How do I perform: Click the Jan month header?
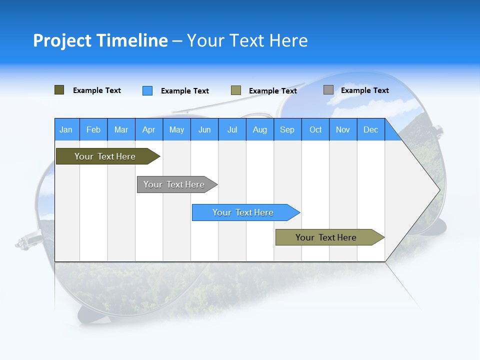(x=66, y=129)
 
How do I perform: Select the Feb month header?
(x=93, y=129)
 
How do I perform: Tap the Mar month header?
(x=121, y=129)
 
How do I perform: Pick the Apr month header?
(x=149, y=129)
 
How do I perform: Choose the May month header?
(x=176, y=129)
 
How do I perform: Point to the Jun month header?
(x=204, y=129)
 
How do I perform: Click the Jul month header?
(x=232, y=129)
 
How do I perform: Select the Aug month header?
(x=260, y=129)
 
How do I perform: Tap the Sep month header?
(x=287, y=129)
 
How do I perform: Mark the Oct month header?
(x=315, y=129)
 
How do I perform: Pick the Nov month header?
(x=343, y=129)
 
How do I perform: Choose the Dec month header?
(x=371, y=129)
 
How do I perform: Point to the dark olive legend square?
(x=59, y=90)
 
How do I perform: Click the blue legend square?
(x=147, y=90)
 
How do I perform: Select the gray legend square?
(x=328, y=90)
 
